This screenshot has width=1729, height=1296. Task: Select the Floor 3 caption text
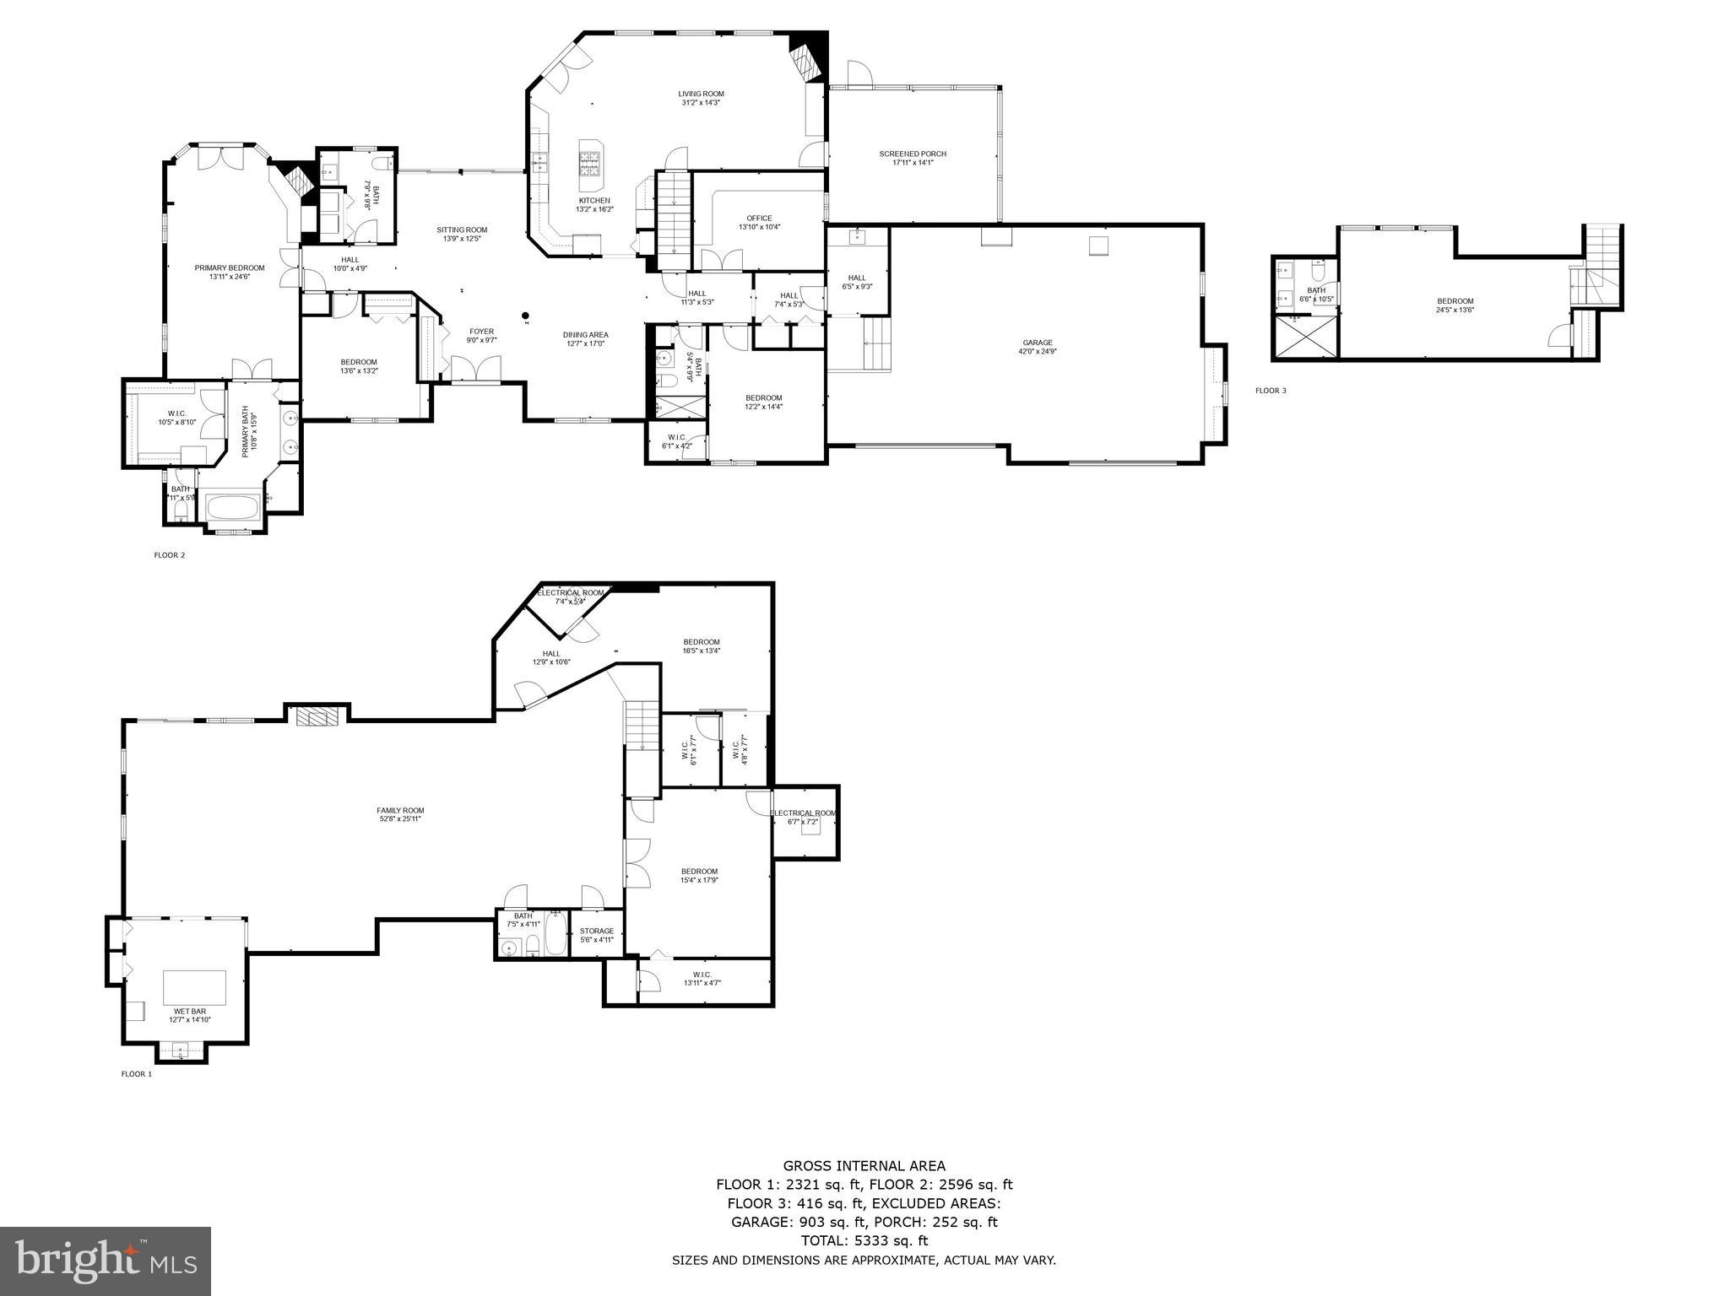point(1271,391)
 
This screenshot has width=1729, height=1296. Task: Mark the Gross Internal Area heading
point(864,1166)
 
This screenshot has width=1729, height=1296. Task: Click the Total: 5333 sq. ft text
point(864,1240)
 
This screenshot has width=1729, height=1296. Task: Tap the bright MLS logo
point(106,1261)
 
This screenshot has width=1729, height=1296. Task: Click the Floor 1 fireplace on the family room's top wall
point(316,715)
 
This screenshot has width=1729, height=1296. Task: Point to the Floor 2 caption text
point(169,555)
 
